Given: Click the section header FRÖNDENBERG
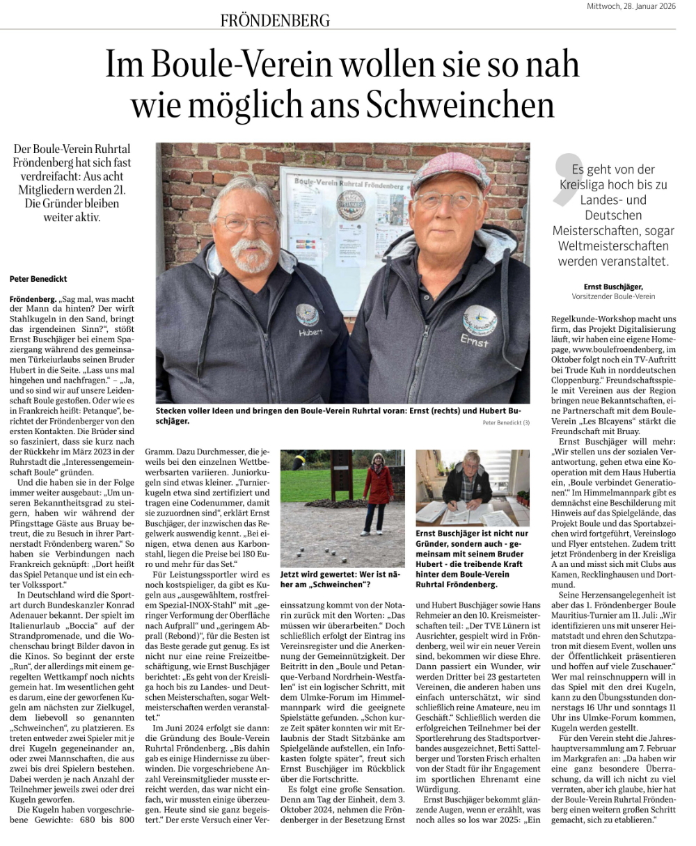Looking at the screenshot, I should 275,21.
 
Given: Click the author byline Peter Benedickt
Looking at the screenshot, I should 39,279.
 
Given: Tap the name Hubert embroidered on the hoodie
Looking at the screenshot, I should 310,333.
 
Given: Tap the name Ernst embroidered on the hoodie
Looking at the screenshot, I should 475,341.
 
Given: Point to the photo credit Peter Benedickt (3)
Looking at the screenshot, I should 505,422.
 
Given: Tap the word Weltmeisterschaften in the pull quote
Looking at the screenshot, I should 610,246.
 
